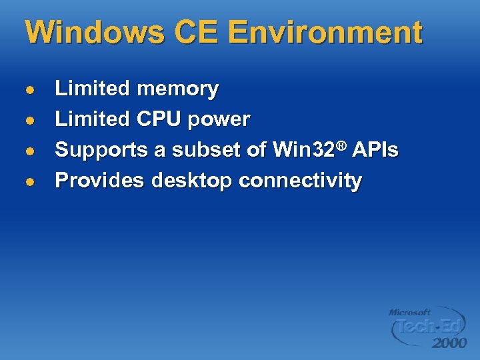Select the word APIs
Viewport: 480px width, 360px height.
click(x=376, y=151)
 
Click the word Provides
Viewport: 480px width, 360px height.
click(x=99, y=181)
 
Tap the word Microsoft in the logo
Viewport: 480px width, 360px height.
click(x=410, y=311)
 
